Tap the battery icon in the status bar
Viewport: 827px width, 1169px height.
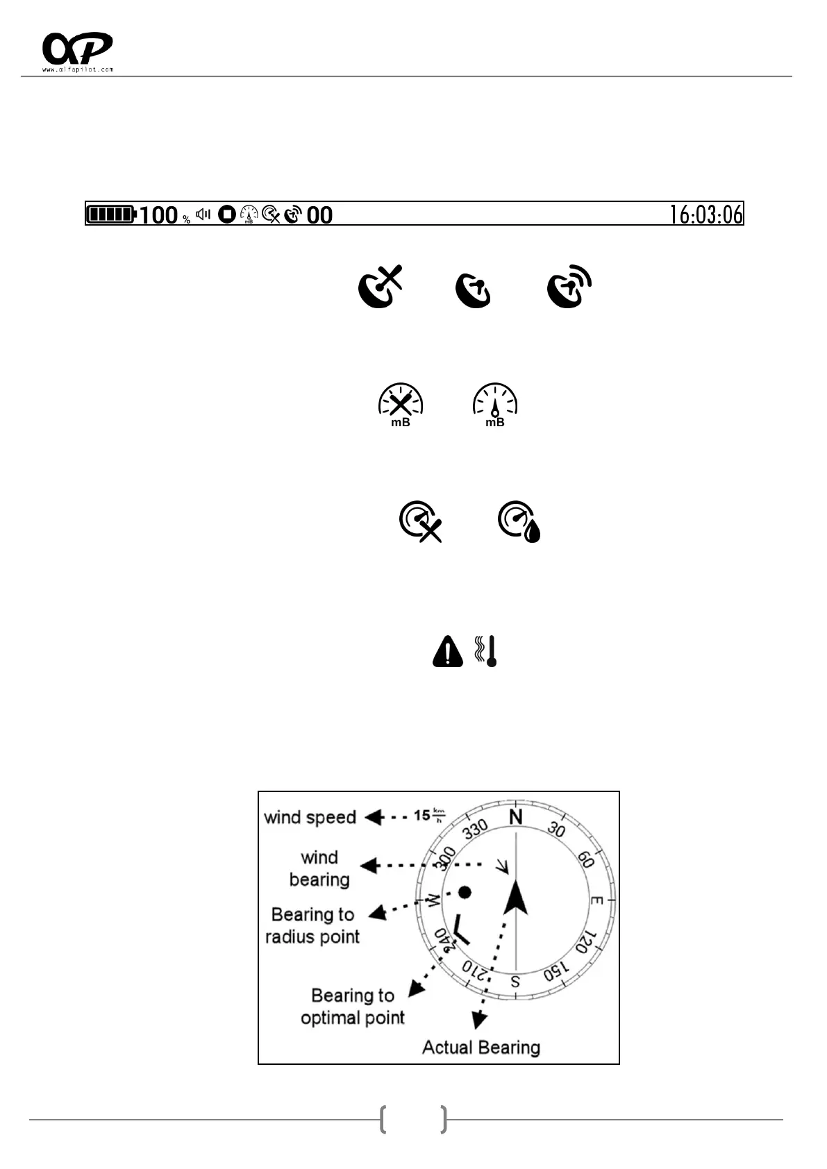pos(110,214)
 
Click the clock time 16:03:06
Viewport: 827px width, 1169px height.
pos(705,214)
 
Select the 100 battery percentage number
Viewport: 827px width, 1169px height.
pos(158,215)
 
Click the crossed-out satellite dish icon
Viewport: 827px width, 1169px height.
pos(380,286)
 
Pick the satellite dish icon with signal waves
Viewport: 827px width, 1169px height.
pos(569,286)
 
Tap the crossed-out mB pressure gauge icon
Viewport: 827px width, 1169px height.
pos(401,404)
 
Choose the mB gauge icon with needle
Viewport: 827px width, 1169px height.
pos(495,404)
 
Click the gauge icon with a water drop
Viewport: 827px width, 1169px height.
pos(519,521)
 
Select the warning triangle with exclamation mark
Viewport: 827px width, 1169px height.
pos(448,652)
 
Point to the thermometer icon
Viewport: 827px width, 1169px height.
pos(490,651)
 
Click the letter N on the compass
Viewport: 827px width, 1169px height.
pos(515,817)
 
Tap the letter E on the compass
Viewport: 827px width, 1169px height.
pos(596,900)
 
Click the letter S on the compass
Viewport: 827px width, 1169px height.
pos(515,982)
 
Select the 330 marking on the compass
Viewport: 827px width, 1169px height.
pos(476,829)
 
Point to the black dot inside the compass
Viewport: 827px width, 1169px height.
pos(465,892)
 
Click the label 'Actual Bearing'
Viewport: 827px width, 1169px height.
pos(481,1047)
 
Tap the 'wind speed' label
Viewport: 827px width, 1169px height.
pos(310,817)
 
